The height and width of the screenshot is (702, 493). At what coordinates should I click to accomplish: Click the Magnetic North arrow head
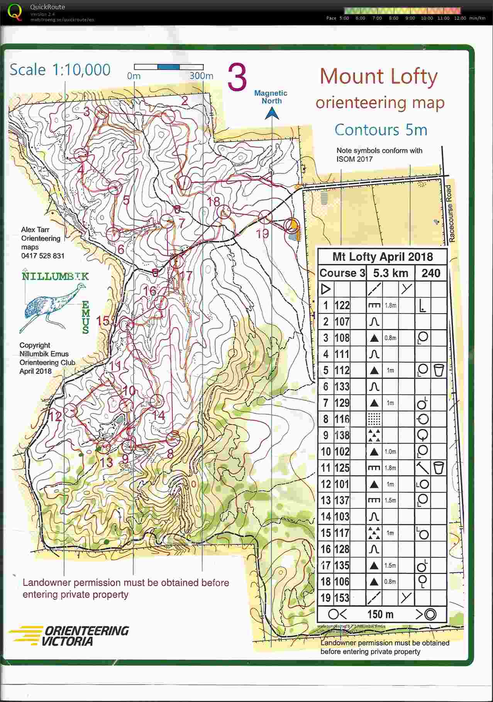point(272,113)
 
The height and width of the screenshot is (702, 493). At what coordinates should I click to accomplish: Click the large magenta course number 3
point(237,78)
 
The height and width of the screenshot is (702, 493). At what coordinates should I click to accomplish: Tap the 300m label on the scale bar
point(201,76)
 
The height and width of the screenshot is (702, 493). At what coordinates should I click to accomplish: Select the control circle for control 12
point(71,410)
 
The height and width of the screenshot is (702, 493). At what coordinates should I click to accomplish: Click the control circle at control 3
point(102,113)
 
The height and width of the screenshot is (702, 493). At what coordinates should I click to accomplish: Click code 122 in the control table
point(342,305)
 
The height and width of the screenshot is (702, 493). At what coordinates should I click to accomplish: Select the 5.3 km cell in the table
point(390,273)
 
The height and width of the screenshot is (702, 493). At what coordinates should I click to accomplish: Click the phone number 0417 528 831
point(42,256)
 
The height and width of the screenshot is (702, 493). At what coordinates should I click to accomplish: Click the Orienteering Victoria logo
point(69,636)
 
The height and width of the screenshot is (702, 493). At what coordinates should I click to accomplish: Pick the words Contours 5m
point(381,130)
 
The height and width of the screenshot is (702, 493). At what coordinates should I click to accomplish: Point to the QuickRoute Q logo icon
point(15,12)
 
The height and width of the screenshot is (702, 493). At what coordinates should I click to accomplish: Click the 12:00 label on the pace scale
point(460,18)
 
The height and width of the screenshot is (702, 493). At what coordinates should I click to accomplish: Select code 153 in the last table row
point(342,598)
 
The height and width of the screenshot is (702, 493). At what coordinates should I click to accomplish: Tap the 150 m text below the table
point(380,614)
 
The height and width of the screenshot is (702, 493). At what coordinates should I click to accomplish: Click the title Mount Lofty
point(378,76)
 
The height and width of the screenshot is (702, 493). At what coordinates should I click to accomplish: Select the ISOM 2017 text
point(354,159)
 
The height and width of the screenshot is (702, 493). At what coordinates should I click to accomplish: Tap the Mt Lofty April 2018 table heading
point(382,257)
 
